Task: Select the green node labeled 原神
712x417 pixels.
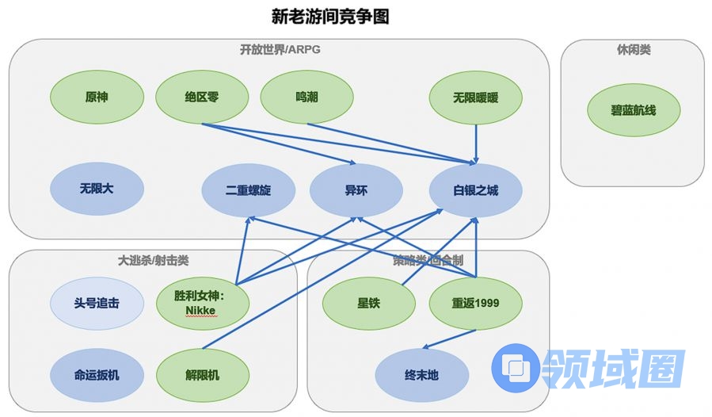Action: tap(97, 98)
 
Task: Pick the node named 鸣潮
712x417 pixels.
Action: tap(307, 98)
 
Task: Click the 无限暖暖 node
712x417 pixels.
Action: tap(476, 98)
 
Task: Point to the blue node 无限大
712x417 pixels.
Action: tap(97, 189)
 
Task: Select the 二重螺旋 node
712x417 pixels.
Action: tap(248, 191)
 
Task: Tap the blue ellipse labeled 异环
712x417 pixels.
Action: tap(356, 191)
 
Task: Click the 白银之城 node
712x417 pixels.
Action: tap(476, 191)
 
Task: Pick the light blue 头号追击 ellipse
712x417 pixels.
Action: tap(97, 303)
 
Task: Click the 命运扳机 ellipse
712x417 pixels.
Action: tap(97, 374)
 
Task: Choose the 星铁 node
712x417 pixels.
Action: tap(368, 303)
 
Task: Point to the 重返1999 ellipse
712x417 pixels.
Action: tap(476, 303)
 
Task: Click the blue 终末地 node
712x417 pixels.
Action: tap(421, 375)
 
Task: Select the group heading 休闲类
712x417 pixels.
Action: tap(634, 50)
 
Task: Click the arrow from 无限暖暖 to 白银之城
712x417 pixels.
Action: tap(476, 143)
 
